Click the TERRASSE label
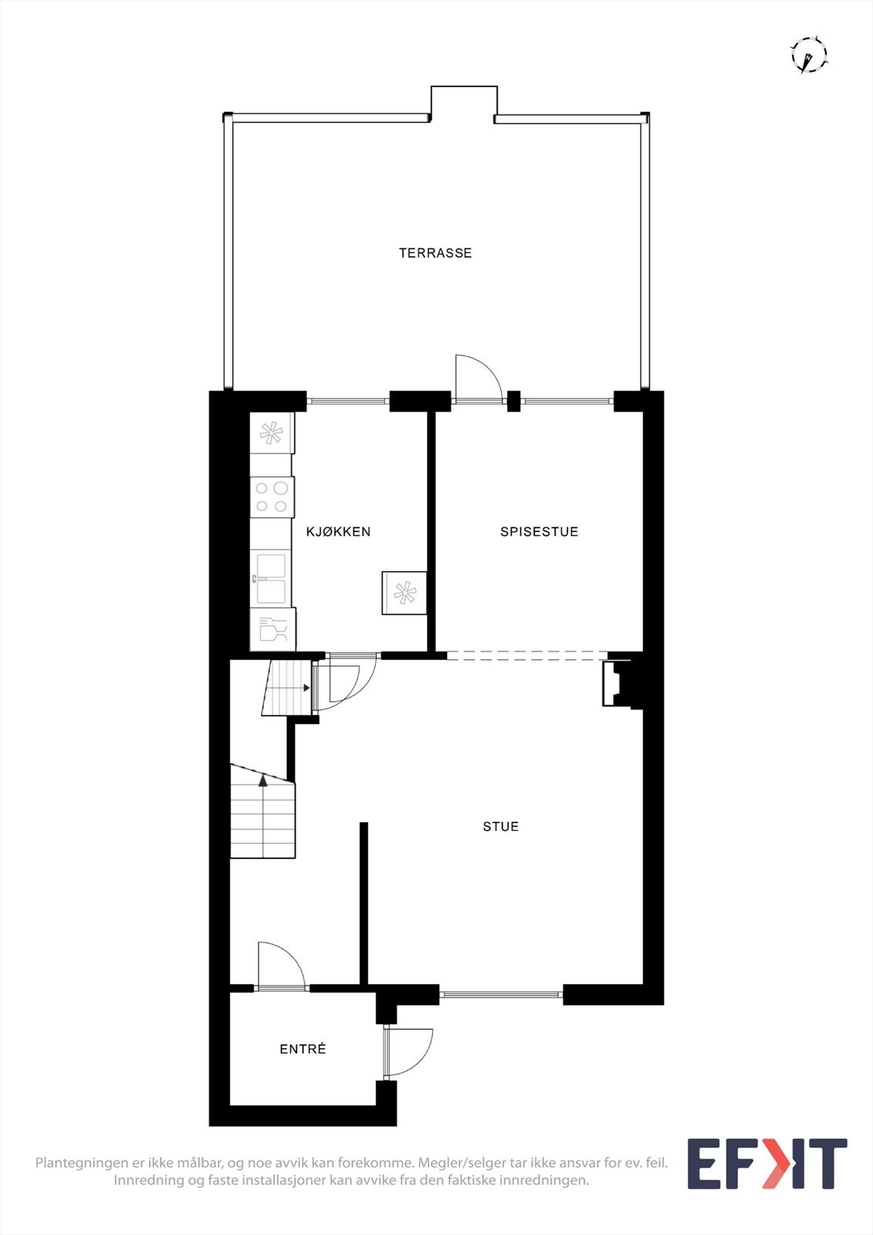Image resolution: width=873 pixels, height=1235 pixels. click(435, 252)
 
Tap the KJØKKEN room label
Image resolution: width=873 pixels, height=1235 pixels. click(338, 531)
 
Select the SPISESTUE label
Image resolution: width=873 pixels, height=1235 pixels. click(539, 531)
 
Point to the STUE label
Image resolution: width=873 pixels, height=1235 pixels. click(500, 826)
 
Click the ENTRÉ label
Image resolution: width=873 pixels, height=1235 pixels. click(303, 1049)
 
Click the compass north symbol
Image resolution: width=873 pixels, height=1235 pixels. click(808, 55)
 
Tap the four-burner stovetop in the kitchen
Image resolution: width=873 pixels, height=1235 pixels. click(272, 497)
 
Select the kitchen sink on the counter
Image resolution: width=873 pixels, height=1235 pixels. click(271, 578)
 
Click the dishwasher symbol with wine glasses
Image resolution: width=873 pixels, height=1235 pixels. click(272, 629)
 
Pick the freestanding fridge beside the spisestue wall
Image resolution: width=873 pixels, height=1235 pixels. click(404, 593)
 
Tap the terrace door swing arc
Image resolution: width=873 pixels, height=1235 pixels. click(474, 376)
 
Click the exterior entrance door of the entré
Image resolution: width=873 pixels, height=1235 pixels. click(408, 1051)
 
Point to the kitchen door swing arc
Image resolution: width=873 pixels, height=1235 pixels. click(349, 678)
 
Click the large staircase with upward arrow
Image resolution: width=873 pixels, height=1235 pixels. click(262, 817)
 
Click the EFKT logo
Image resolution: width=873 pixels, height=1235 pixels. click(766, 1163)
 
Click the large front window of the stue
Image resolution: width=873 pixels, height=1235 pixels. click(501, 995)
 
